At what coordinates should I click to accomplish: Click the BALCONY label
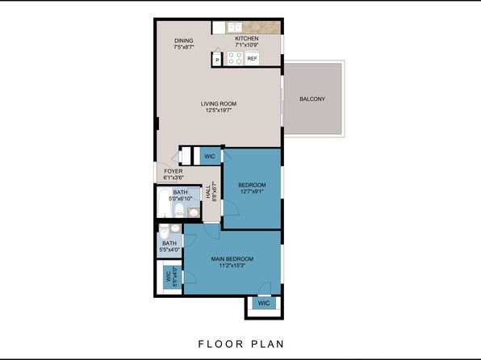312,99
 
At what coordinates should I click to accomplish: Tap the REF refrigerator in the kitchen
252,58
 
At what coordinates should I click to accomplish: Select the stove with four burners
235,58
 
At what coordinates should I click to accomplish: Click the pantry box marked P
217,60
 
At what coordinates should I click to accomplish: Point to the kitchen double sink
234,27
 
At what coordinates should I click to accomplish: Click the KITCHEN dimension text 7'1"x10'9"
247,45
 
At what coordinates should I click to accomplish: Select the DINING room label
184,41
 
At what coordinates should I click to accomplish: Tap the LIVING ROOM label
219,104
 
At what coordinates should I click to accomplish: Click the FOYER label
174,171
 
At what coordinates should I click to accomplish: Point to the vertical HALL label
208,192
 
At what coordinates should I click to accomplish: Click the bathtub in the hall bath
164,203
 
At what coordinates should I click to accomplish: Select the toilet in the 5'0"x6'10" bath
178,210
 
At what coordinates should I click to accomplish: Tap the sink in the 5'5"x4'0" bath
175,228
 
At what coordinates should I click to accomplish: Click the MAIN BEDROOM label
232,259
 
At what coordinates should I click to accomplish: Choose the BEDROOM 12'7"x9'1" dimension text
252,191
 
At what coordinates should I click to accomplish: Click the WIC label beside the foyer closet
210,157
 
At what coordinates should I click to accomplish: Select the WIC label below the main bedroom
264,303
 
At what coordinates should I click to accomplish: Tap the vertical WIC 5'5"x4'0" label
171,277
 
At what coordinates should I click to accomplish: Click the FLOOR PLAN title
241,344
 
